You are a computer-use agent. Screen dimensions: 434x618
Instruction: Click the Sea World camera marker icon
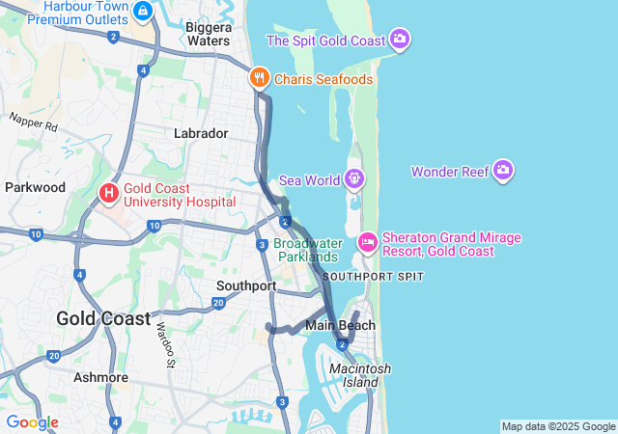coord(355,178)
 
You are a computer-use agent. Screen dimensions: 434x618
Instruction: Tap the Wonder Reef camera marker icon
coord(502,172)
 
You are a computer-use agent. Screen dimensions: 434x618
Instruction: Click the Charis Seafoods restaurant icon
coord(259,78)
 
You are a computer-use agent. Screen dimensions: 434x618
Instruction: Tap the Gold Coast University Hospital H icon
coord(108,194)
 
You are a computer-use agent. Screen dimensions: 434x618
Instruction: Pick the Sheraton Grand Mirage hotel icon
coord(367,242)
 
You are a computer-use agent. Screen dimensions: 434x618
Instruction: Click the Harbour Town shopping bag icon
coord(143,11)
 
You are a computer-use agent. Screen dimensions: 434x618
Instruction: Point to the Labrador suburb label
coord(201,133)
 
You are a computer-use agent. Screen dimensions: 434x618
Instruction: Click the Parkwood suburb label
coord(35,187)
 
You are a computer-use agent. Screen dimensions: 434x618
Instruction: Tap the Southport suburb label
coord(246,286)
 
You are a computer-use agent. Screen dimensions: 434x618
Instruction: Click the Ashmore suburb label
coord(101,377)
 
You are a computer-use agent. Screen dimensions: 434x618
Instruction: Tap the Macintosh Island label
coord(360,376)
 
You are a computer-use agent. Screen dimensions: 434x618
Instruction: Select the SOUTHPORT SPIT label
coord(374,277)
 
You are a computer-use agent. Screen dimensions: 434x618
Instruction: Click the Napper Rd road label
coord(34,123)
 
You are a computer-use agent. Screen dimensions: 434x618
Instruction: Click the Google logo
coord(32,422)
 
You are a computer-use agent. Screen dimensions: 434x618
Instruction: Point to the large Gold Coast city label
coord(103,318)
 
